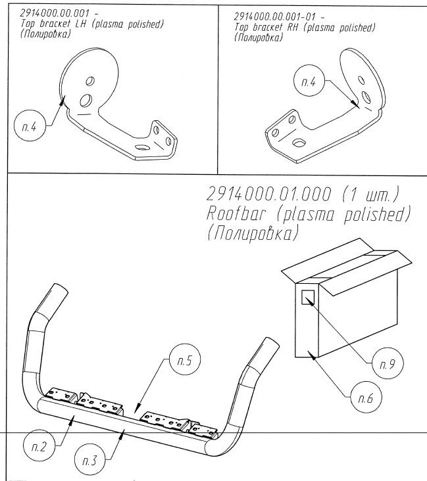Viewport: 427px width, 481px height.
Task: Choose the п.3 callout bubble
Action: point(90,458)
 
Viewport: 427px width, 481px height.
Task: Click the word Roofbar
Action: point(240,215)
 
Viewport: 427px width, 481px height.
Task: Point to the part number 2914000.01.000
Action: point(266,195)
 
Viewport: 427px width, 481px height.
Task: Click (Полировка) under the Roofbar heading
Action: point(253,235)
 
